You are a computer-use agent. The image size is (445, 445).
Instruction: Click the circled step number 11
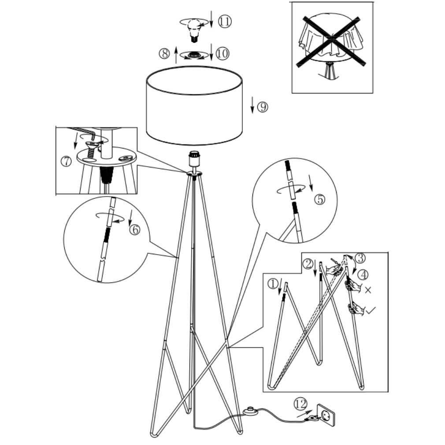[x=225, y=22]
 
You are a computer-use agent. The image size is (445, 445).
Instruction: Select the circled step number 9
[x=262, y=107]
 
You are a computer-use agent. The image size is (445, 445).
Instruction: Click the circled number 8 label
[x=164, y=53]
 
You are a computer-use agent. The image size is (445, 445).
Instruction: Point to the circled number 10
[x=222, y=53]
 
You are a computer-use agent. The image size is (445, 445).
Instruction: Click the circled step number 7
[x=66, y=162]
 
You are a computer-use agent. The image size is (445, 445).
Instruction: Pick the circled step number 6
[x=134, y=229]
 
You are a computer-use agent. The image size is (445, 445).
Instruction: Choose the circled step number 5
[x=320, y=200]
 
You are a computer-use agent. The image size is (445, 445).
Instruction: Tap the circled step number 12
[x=300, y=404]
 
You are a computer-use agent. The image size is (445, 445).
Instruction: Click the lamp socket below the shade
[x=194, y=159]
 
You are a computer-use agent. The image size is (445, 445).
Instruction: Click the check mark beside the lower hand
[x=371, y=310]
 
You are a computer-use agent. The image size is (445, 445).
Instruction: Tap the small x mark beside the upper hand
[x=368, y=290]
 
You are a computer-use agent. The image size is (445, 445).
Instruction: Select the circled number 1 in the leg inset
[x=273, y=284]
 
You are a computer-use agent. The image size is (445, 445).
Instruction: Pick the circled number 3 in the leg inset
[x=360, y=258]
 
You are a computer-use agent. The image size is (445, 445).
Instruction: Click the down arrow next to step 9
[x=252, y=105]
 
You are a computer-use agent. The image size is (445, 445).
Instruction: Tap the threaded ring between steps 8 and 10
[x=194, y=55]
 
